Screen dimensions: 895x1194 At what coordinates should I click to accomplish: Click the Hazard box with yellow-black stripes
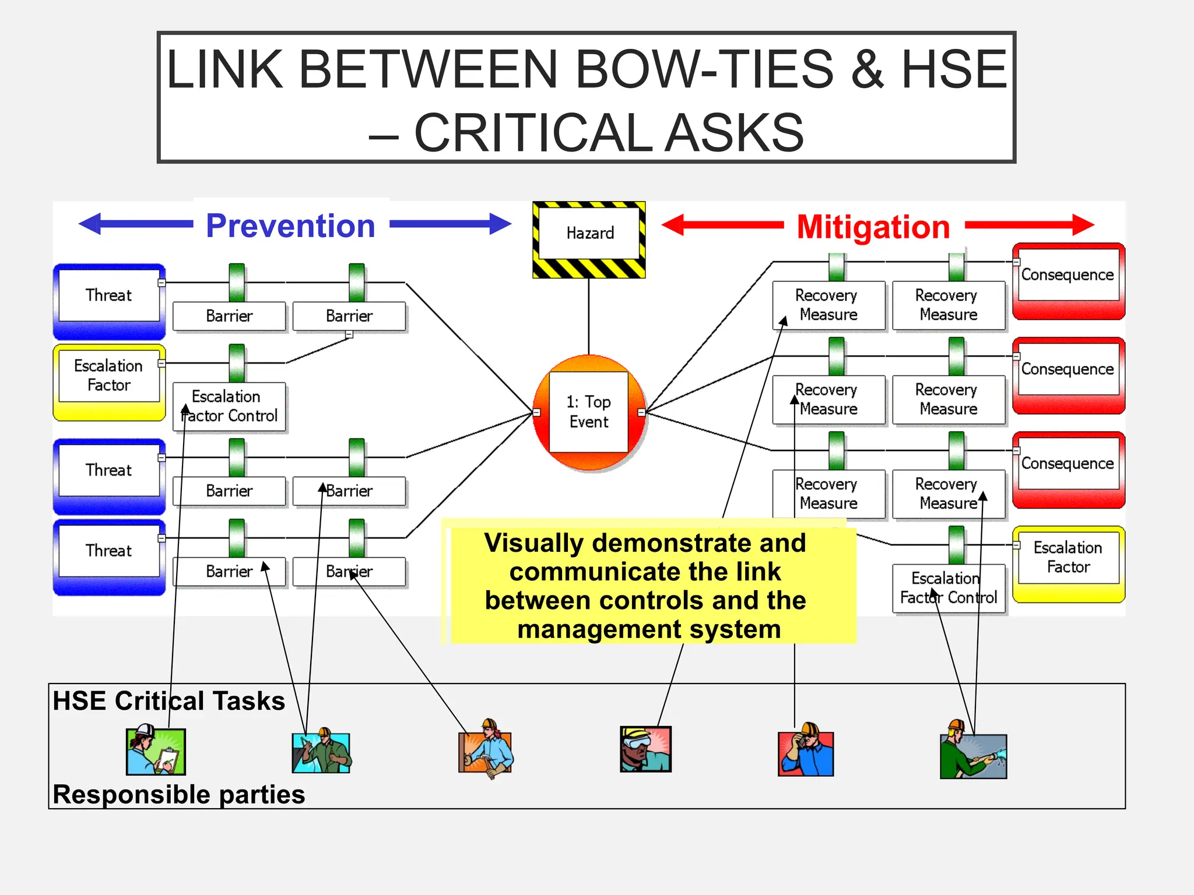coord(589,239)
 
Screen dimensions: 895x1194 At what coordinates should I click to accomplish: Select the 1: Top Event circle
coord(589,412)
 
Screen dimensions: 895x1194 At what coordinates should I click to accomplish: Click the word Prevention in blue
coord(290,225)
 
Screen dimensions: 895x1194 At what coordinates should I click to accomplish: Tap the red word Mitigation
coord(873,227)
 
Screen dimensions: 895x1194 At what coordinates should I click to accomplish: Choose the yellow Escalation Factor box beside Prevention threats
coord(109,382)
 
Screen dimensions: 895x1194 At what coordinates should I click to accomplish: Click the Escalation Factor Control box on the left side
coord(229,406)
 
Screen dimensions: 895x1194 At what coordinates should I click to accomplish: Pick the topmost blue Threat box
coord(109,301)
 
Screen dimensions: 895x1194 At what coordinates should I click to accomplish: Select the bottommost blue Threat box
coord(109,556)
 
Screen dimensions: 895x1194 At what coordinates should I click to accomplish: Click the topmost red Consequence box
coord(1068,281)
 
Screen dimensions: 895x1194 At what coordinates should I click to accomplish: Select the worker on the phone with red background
coord(806,751)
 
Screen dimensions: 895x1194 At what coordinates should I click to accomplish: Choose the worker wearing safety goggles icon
coord(645,749)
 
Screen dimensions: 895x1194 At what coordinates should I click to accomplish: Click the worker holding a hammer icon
coord(486,750)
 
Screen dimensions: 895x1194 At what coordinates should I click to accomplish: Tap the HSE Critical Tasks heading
coord(168,701)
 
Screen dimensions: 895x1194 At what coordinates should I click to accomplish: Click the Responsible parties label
coord(178,795)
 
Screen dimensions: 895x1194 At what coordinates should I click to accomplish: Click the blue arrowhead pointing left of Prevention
coord(90,224)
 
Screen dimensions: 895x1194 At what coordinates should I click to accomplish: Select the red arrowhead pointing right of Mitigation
coord(1083,224)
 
